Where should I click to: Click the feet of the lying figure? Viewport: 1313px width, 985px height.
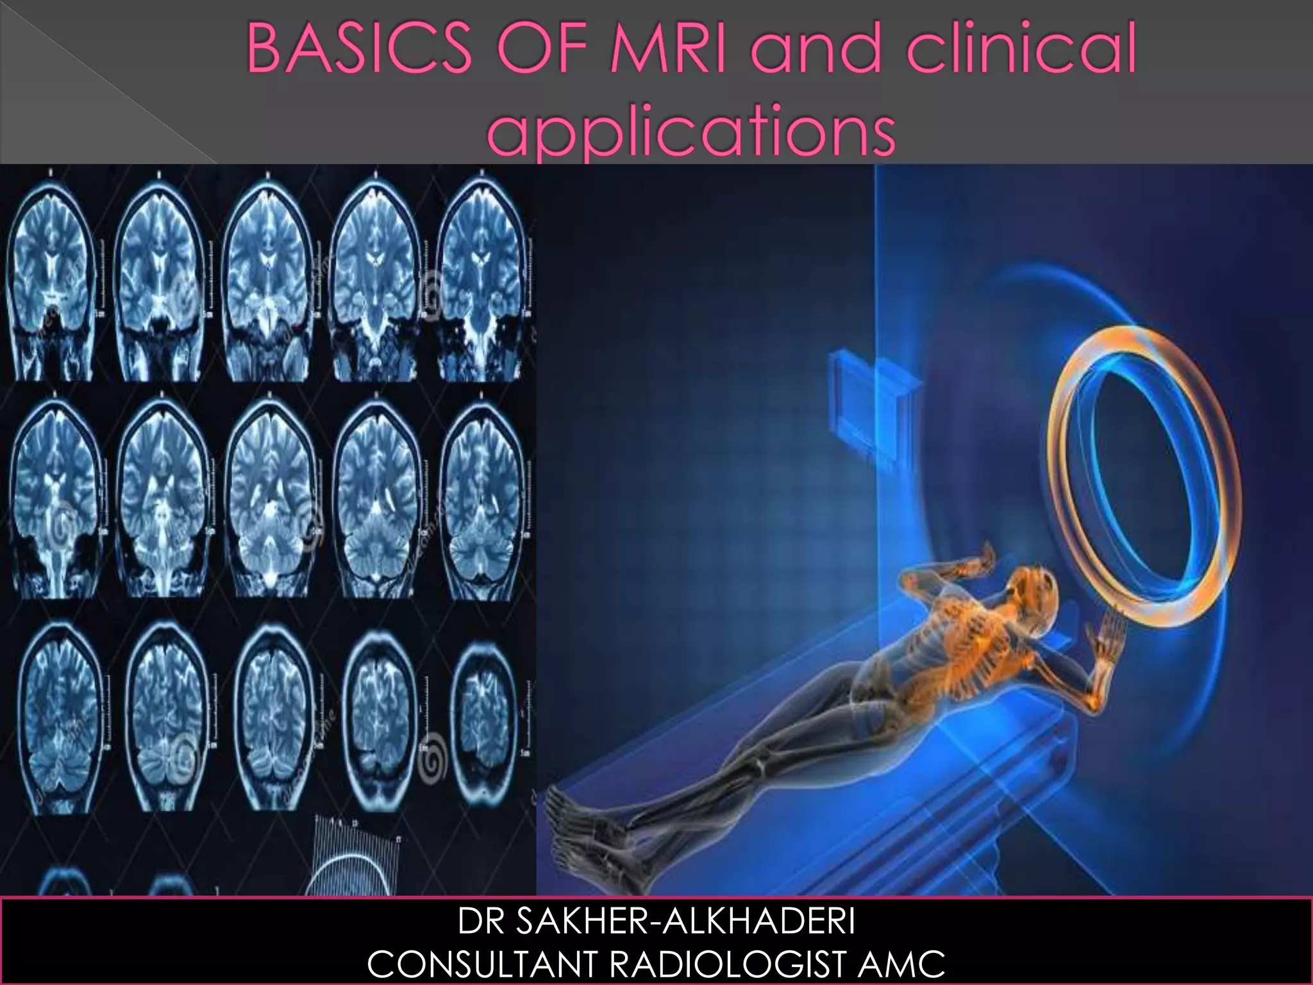click(577, 824)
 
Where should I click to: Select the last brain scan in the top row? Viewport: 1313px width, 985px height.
click(484, 276)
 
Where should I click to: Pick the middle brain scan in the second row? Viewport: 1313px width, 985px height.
click(269, 497)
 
